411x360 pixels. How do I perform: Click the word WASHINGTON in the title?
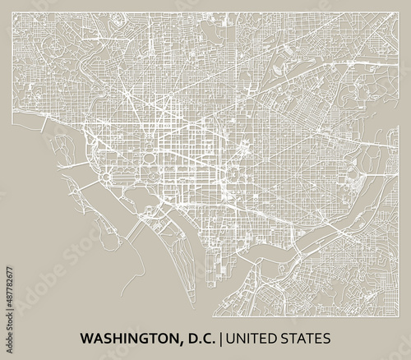[132, 337]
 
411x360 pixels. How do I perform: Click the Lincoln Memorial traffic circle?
[108, 177]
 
